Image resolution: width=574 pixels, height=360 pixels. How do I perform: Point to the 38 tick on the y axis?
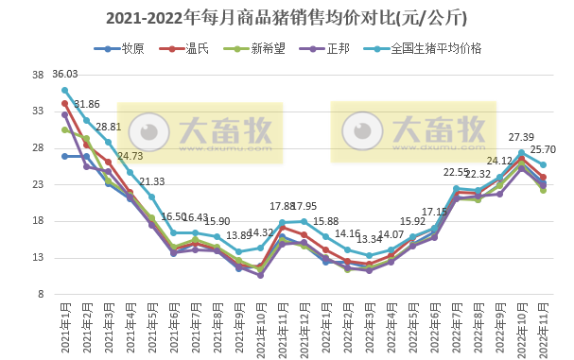[x=40, y=76]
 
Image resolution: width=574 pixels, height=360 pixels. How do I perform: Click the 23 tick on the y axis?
[x=40, y=184]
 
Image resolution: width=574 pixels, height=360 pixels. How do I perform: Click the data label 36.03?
[x=65, y=75]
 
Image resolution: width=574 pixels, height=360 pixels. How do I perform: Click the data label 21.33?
[x=152, y=181]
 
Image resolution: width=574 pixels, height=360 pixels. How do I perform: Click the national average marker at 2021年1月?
[x=64, y=91]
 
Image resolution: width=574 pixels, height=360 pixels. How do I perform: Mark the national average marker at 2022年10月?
[x=521, y=152]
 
